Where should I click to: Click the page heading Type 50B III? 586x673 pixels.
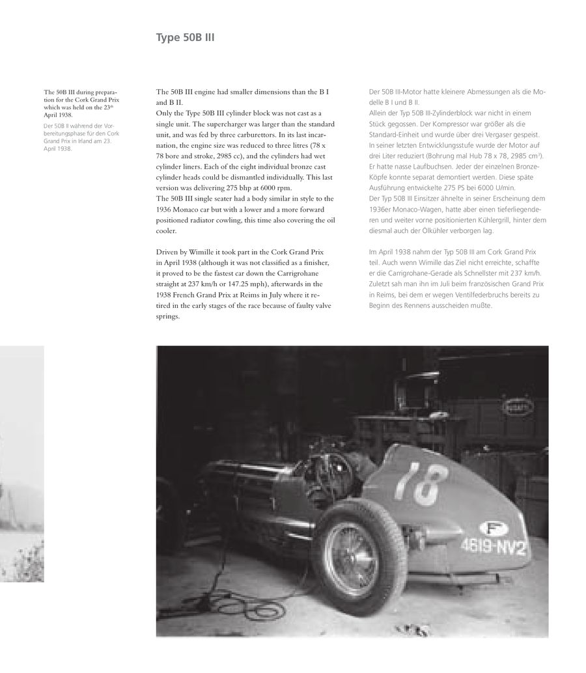point(185,38)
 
